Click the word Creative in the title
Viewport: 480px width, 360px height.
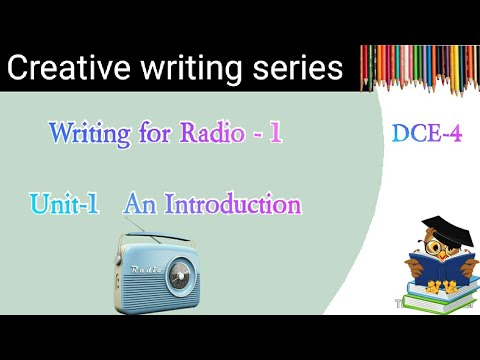click(64, 68)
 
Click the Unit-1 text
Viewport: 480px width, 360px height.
click(65, 206)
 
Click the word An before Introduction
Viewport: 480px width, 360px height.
click(138, 206)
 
